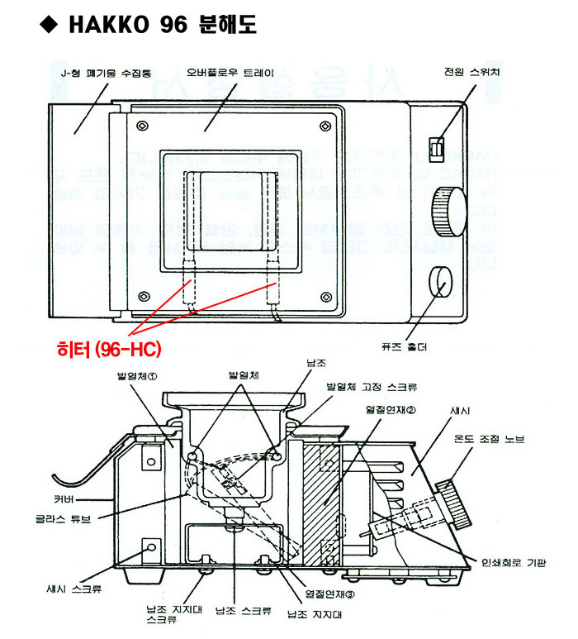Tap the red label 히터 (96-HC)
(x=112, y=350)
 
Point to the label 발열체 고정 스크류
(x=371, y=386)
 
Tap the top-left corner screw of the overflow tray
(x=144, y=126)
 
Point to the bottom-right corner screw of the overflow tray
(x=321, y=296)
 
